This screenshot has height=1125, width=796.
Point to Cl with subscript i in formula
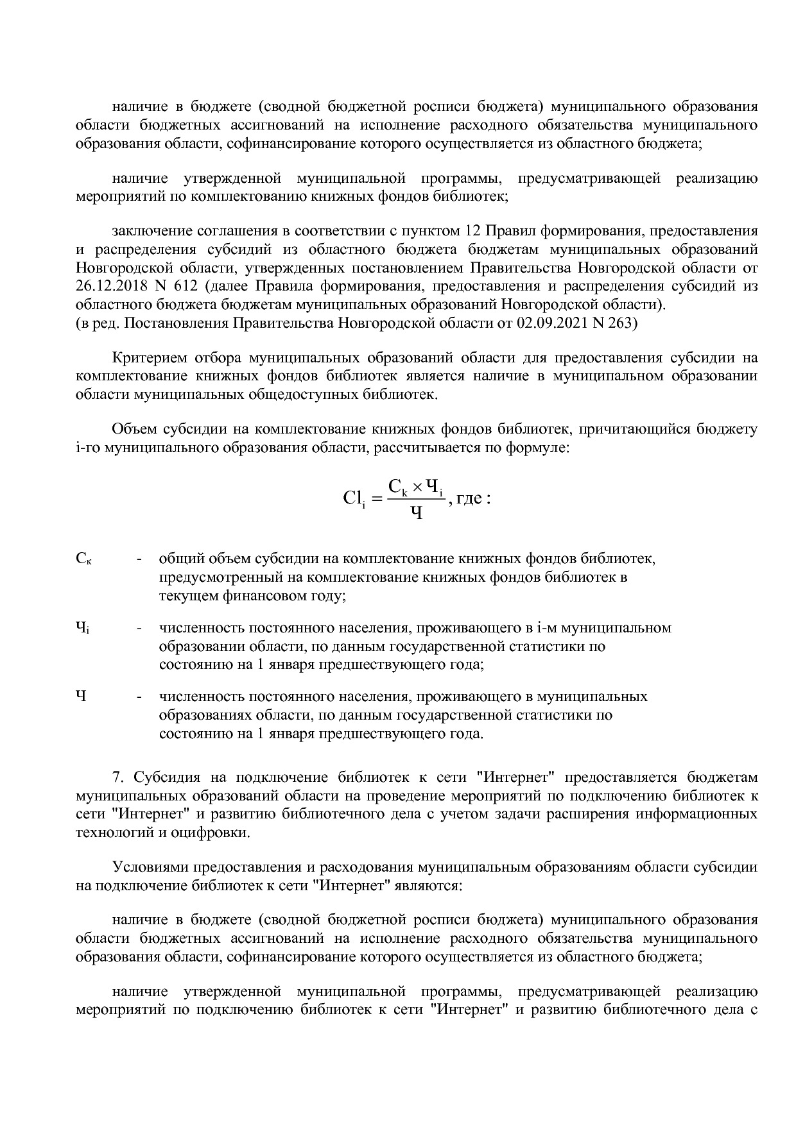pos(354,498)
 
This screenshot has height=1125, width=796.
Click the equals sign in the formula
pos(377,498)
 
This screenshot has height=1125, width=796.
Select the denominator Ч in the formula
pos(416,512)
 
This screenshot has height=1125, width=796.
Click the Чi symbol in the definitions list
pos(82,628)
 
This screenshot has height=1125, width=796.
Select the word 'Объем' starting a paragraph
pos(134,429)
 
